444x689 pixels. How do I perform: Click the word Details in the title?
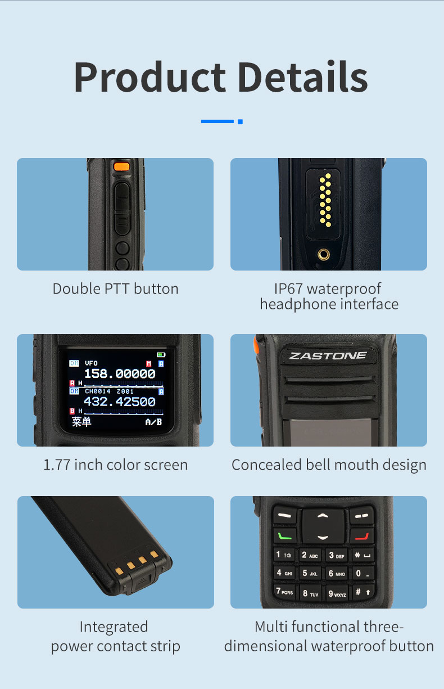tap(302, 77)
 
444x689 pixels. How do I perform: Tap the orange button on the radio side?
tap(121, 166)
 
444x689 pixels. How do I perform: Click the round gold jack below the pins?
tap(323, 254)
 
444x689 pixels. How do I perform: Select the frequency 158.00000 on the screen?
tap(120, 374)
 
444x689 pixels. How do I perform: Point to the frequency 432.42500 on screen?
tap(120, 402)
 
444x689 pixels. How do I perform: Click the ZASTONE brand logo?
tap(328, 355)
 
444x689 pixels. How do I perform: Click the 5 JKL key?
tap(310, 573)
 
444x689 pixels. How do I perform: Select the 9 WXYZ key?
tap(337, 593)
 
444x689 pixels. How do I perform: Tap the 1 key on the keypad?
tap(283, 555)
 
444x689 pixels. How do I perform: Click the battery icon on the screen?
tap(162, 355)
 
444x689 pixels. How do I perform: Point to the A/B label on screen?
tap(153, 422)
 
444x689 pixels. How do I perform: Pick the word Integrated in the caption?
tap(114, 627)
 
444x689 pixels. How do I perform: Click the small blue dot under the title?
tap(240, 121)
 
